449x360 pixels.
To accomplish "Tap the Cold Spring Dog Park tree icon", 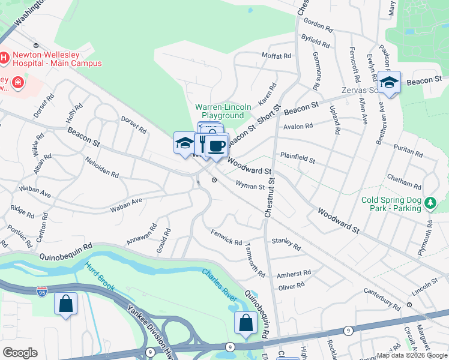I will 430,204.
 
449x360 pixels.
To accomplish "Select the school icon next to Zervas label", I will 389,83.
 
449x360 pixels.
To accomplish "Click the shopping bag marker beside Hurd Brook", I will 65,304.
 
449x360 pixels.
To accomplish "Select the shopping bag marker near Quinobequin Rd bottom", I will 245,323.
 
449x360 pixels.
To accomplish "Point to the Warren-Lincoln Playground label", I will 220,111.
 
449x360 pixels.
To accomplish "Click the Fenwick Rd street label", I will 226,238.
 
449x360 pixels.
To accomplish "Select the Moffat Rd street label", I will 276,55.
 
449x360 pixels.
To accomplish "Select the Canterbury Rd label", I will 382,298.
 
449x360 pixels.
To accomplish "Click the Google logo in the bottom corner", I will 20,353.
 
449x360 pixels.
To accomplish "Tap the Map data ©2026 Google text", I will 412,355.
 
